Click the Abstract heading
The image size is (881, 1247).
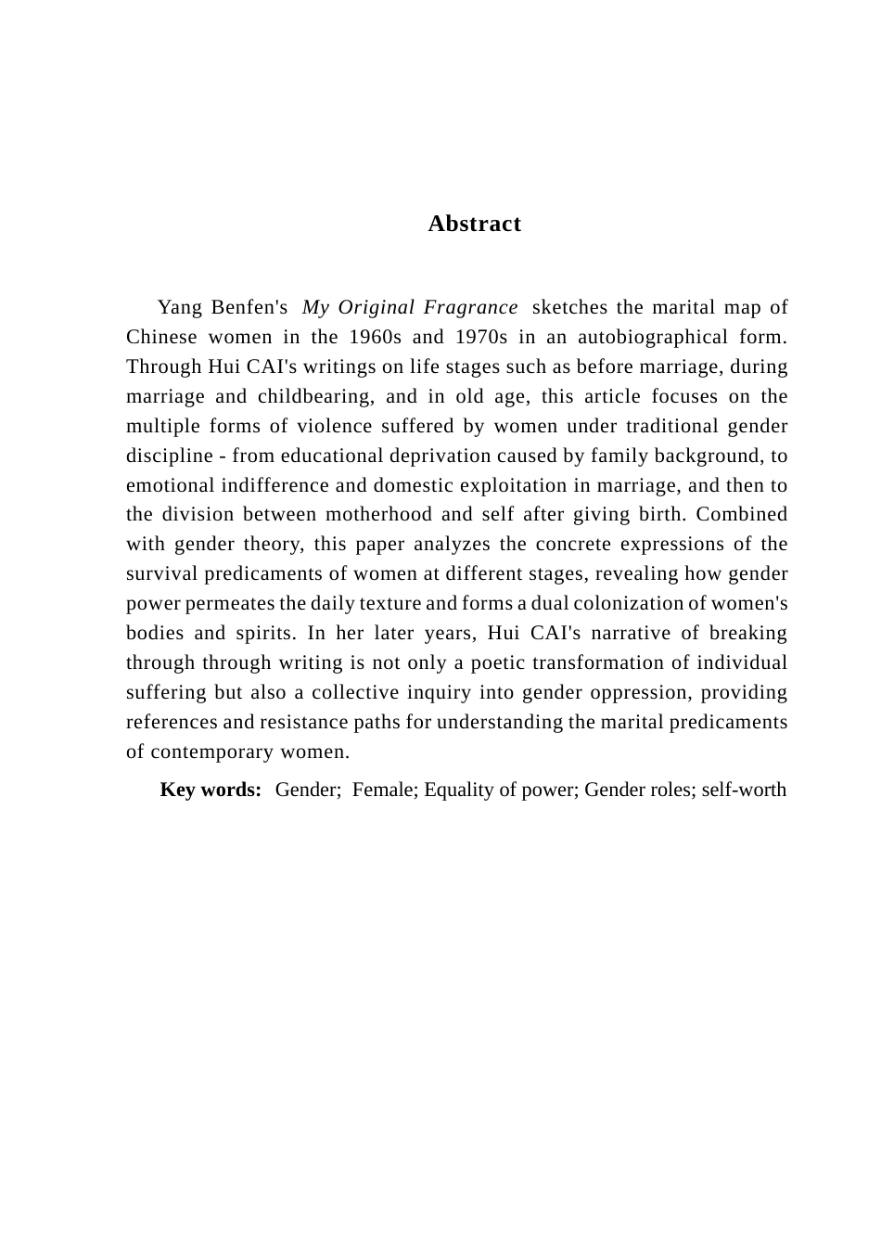(x=474, y=224)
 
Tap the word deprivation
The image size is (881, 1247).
(x=440, y=456)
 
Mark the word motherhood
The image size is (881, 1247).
(x=378, y=514)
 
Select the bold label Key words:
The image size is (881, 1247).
(x=211, y=790)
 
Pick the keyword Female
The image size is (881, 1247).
(x=385, y=790)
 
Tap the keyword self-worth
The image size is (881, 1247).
(x=744, y=790)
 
